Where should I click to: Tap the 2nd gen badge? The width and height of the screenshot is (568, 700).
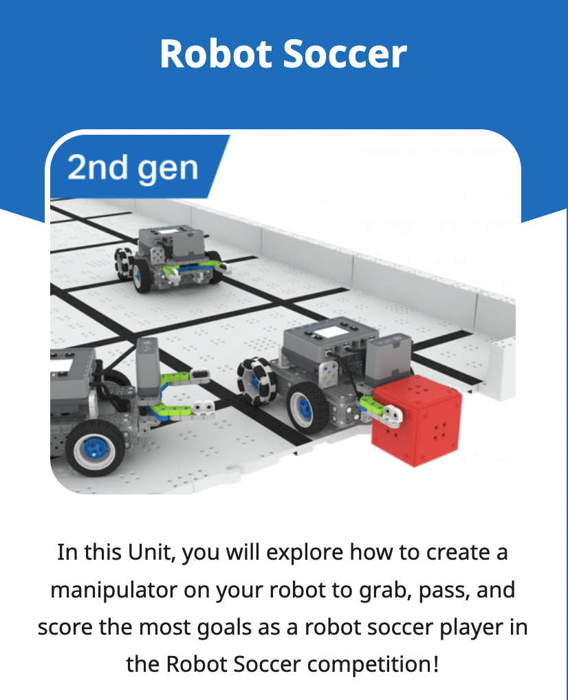[x=133, y=168]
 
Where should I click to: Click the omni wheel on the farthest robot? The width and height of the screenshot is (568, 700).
[x=128, y=263]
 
